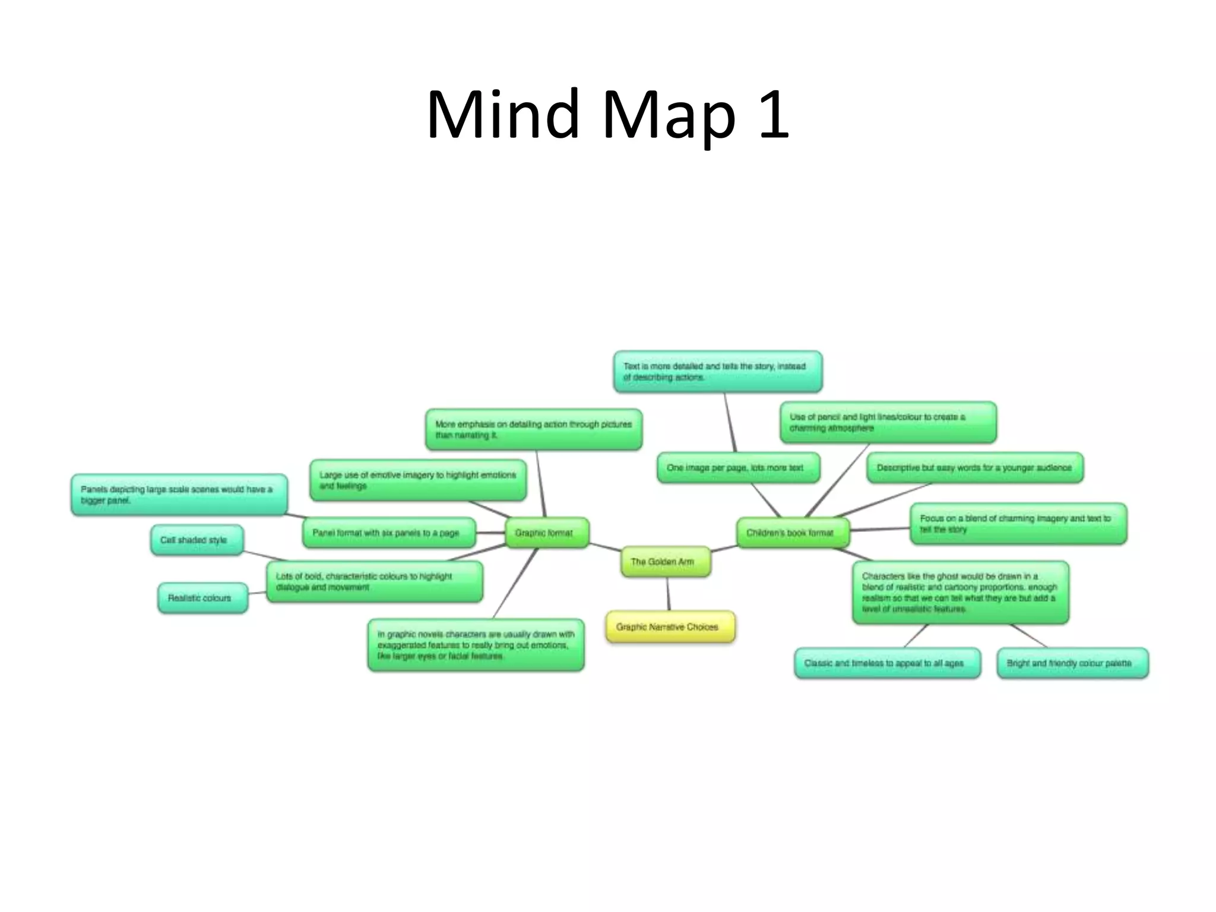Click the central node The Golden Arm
tap(665, 562)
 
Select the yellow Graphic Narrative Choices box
tap(670, 627)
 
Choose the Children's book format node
tap(792, 533)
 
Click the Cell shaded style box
tap(197, 540)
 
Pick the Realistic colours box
tap(202, 598)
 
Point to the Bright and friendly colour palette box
tap(1072, 663)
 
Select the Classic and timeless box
tap(887, 663)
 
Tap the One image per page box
tap(738, 468)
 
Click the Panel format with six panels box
tap(388, 533)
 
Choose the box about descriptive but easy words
tap(975, 468)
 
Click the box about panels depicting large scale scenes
tap(179, 495)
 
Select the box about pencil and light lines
tap(888, 422)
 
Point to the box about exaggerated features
tap(476, 645)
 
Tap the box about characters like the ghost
tap(960, 593)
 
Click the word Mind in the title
tap(502, 114)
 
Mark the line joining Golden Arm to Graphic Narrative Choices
tap(668, 594)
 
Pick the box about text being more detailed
tap(717, 372)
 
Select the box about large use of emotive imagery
tap(418, 480)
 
